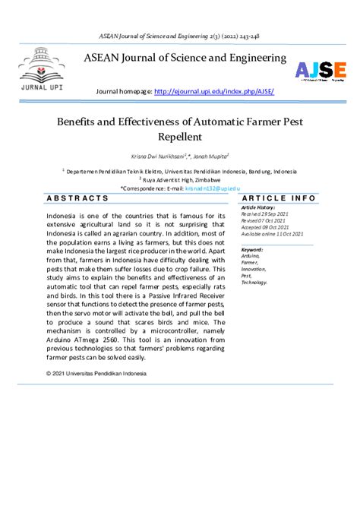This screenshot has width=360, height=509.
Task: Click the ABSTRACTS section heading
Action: [x=78, y=198]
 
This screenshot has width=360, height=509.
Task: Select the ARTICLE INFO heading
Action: [x=278, y=198]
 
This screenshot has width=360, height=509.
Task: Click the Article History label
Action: [x=259, y=207]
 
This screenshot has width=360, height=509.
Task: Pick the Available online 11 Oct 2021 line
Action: [x=272, y=234]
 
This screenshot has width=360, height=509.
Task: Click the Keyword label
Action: [x=252, y=249]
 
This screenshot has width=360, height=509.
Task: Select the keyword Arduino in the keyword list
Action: [x=251, y=255]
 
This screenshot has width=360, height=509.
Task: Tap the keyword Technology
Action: [x=254, y=281]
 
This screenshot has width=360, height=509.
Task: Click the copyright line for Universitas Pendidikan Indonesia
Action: [x=96, y=373]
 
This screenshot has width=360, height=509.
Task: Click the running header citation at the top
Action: [x=180, y=36]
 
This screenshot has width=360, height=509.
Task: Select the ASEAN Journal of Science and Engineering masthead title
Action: [x=185, y=58]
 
